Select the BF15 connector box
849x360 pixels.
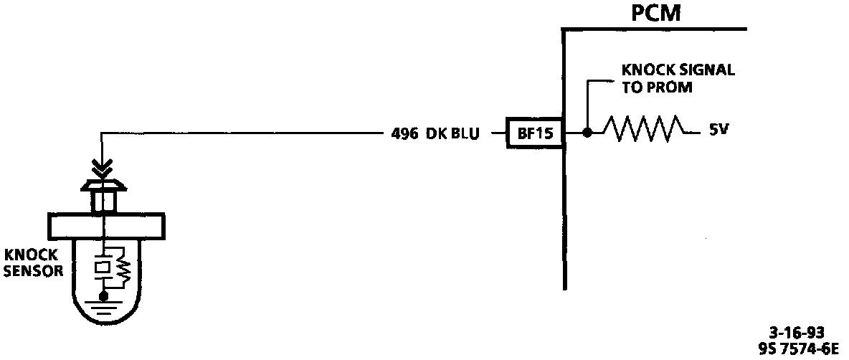point(534,133)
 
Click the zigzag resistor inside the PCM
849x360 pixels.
point(644,130)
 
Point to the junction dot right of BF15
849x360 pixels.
point(587,133)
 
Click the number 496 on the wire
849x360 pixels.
point(405,133)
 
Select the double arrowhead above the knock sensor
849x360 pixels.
point(104,168)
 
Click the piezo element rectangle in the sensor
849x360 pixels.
point(104,266)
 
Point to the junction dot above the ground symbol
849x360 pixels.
point(104,293)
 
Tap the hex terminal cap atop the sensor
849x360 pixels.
point(104,188)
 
